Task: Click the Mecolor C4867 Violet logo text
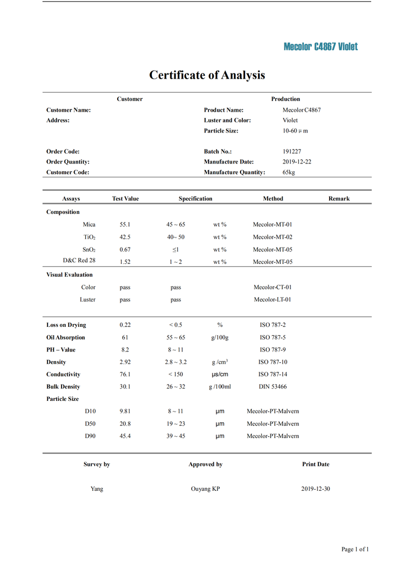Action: (x=320, y=47)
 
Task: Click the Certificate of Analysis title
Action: (x=207, y=75)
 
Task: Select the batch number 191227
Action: (x=292, y=152)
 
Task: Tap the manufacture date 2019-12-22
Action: (x=297, y=162)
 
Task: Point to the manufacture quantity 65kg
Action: (x=288, y=172)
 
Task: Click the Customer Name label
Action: (x=68, y=110)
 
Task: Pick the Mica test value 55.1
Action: (x=125, y=225)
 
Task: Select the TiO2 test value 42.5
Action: (x=125, y=237)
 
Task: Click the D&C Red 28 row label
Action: (x=79, y=261)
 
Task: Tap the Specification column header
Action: (x=195, y=199)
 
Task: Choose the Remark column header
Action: (x=339, y=199)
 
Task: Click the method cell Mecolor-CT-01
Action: (x=273, y=287)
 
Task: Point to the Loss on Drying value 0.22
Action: (x=125, y=325)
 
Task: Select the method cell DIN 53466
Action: (x=273, y=387)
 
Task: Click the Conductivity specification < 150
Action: (x=176, y=375)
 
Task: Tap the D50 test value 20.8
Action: (x=125, y=424)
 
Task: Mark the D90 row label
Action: (x=90, y=436)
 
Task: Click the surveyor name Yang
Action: (x=97, y=489)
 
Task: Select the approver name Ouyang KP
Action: (x=205, y=489)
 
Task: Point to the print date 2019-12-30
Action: (x=316, y=489)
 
